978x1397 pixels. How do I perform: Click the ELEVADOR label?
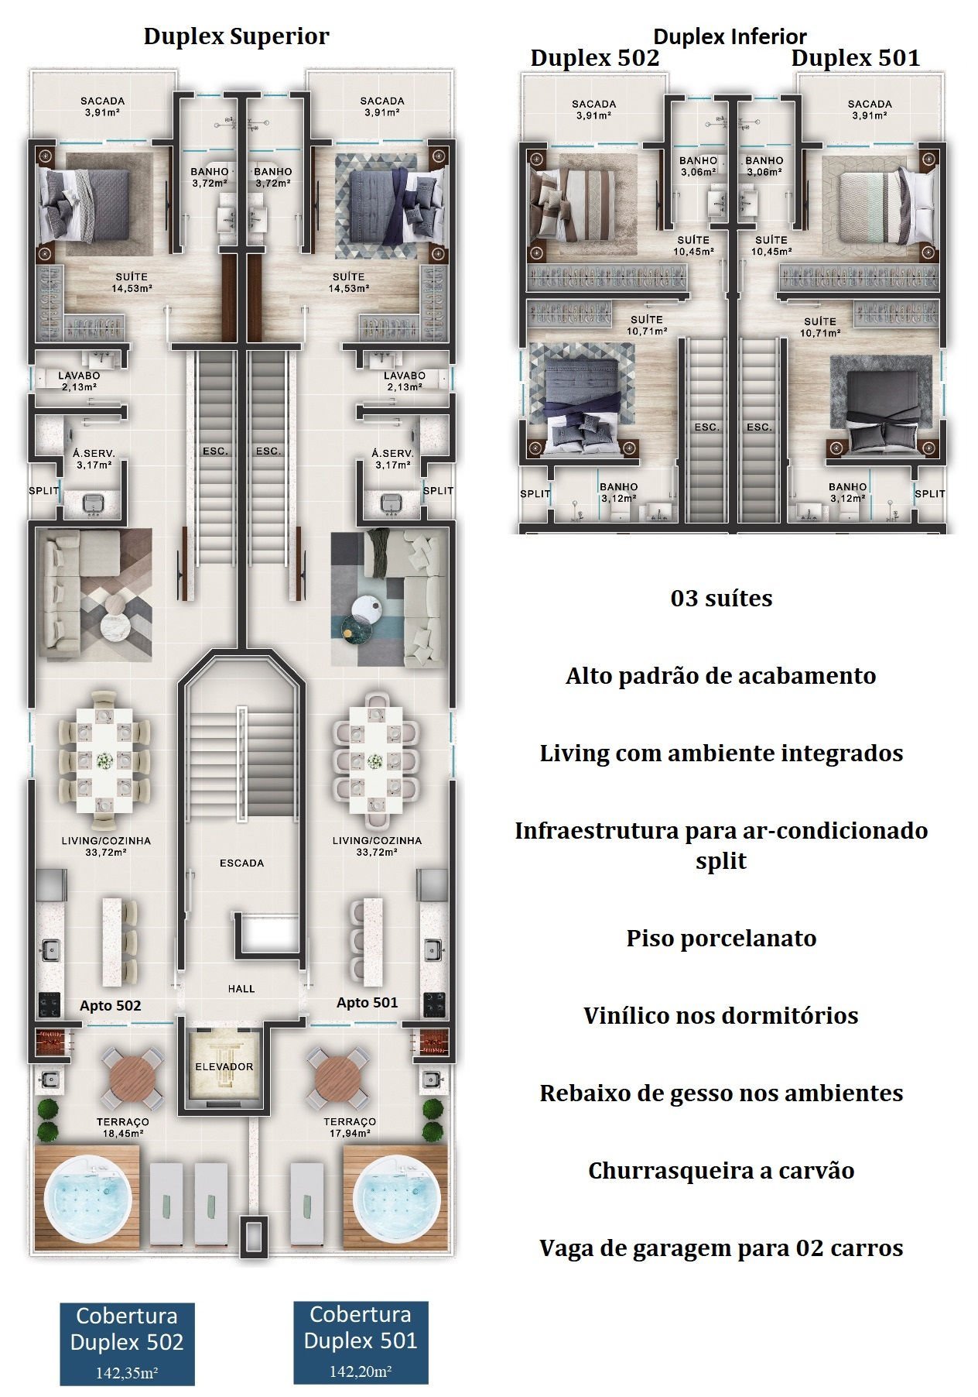coord(224,1066)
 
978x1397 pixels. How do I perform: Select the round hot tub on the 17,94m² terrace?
coord(396,1197)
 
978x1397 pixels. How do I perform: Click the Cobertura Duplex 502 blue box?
coord(128,1344)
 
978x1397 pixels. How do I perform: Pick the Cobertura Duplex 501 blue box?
coord(361,1342)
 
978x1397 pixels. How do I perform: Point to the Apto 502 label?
coord(110,1006)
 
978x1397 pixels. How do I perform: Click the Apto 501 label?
coord(367,1003)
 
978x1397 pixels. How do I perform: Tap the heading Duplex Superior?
coord(236,36)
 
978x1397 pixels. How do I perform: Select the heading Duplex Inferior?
coord(730,36)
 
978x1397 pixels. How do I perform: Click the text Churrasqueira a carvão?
coord(721,1170)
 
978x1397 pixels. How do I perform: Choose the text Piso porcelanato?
coord(721,938)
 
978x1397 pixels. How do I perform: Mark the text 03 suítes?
coord(721,598)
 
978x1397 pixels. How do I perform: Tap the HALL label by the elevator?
coord(241,989)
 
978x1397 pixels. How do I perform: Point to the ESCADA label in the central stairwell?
coord(241,863)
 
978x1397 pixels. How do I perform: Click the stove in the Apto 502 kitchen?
coord(50,1004)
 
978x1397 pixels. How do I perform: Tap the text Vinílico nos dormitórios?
coord(721,1015)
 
